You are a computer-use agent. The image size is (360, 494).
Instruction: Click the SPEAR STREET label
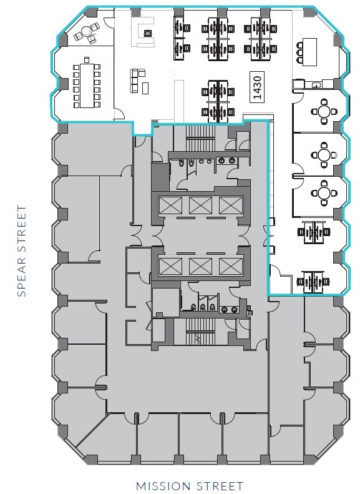22,250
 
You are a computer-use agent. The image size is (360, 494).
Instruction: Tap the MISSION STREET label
189,485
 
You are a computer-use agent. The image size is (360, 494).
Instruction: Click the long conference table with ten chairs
85,84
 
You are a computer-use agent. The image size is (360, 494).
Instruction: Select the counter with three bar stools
309,52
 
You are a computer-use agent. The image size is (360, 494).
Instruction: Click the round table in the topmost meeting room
324,112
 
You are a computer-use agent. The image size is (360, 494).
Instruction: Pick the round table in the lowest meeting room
324,192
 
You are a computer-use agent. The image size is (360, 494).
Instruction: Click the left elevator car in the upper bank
169,204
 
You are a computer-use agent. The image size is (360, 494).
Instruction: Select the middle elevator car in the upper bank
200,204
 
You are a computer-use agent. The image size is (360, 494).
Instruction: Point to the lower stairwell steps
200,331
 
